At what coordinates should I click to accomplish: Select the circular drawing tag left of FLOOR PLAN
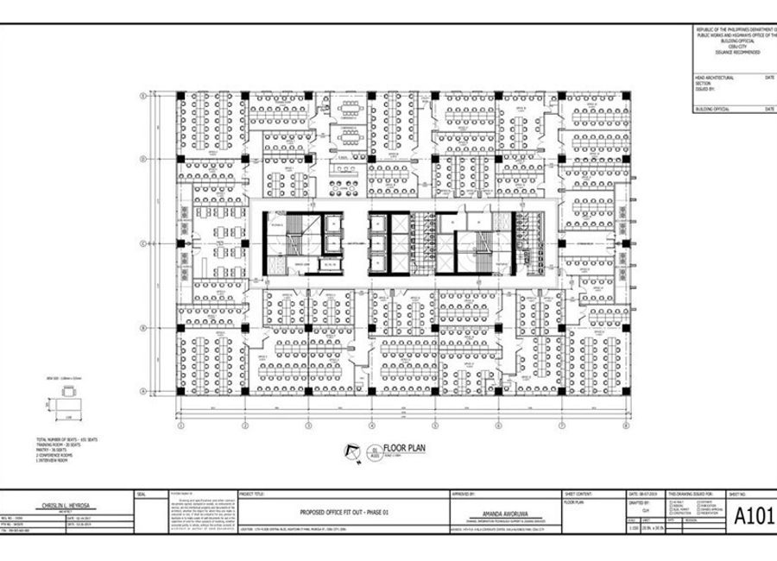click(373, 451)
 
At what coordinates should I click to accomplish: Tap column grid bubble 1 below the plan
click(180, 425)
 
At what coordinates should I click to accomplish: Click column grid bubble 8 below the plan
click(623, 425)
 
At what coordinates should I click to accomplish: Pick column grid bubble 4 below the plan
click(370, 425)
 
